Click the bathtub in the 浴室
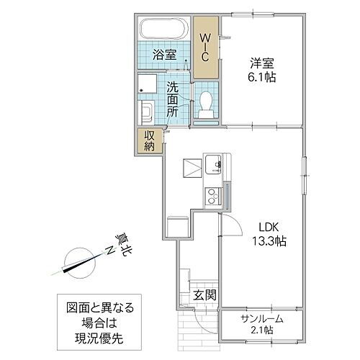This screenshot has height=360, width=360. click(163, 32)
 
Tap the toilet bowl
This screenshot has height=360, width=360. click(206, 106)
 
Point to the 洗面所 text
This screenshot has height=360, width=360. click(174, 99)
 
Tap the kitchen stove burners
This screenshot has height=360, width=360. click(215, 194)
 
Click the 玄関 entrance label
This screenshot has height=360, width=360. click(202, 294)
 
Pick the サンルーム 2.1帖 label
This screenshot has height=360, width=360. click(261, 324)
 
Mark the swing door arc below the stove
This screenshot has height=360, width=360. click(229, 227)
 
